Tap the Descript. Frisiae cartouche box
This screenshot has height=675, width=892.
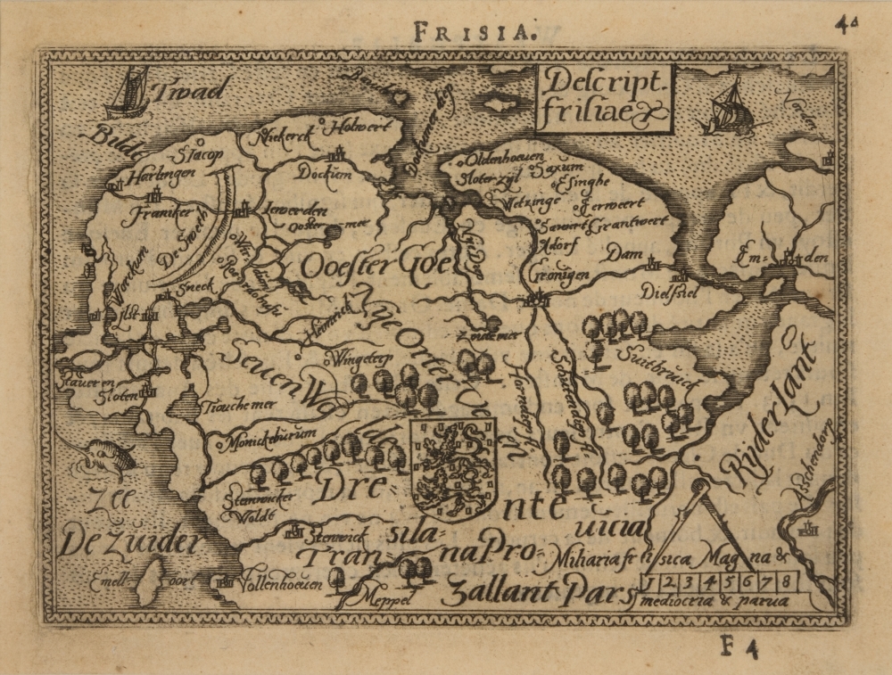(x=603, y=98)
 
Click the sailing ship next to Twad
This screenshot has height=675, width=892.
(x=127, y=94)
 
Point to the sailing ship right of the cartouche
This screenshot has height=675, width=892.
(x=729, y=107)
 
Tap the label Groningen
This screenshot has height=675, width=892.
(x=559, y=275)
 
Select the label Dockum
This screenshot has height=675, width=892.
(x=325, y=172)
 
